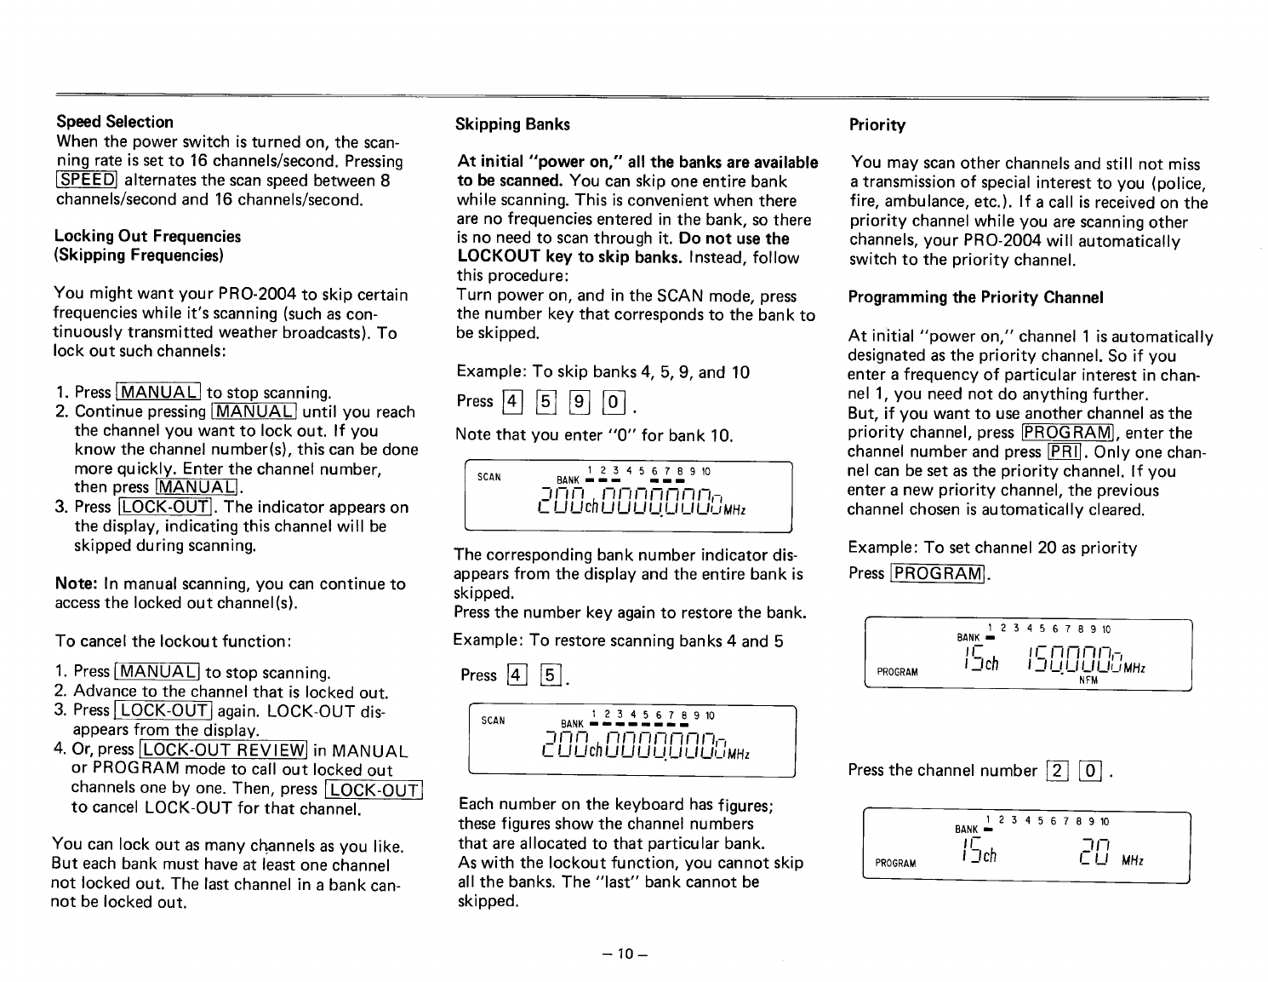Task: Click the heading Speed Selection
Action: point(114,122)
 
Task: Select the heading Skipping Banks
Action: point(512,124)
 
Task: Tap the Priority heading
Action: point(877,125)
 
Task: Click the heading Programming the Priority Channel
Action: point(975,297)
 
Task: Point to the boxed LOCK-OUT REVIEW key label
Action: point(224,750)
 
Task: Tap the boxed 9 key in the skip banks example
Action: point(579,401)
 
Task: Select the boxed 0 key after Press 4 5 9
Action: point(614,401)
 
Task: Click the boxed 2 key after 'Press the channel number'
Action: point(1056,772)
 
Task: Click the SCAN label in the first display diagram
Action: point(489,477)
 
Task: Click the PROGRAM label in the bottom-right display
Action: point(896,863)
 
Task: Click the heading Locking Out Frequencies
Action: point(147,237)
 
